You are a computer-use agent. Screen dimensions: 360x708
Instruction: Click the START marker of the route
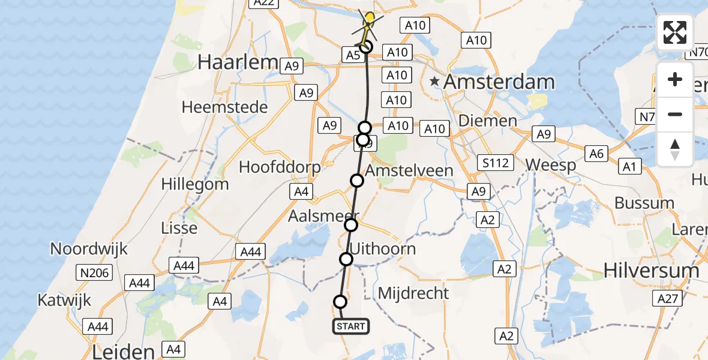point(351,326)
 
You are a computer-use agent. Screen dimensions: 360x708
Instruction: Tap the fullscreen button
point(675,32)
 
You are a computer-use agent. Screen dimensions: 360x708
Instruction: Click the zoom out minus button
point(675,114)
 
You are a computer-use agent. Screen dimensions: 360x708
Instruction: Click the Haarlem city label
point(230,62)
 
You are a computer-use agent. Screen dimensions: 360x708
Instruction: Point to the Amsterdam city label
point(499,82)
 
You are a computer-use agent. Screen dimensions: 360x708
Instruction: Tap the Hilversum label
point(652,271)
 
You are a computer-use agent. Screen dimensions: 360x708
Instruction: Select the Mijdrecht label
point(413,293)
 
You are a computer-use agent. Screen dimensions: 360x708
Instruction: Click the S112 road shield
point(496,163)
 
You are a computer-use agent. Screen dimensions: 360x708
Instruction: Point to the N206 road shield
point(93,273)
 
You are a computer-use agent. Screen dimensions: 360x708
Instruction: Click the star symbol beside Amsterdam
point(435,81)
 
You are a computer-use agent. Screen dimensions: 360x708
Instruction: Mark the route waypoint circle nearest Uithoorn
point(346,259)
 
